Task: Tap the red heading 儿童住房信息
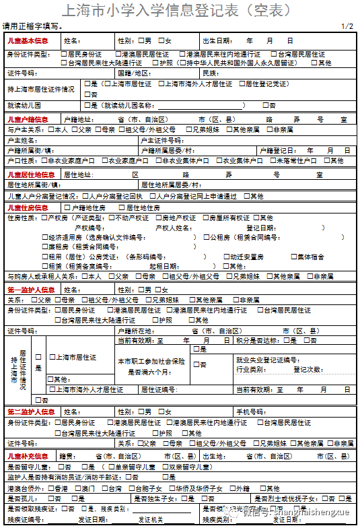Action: (x=28, y=207)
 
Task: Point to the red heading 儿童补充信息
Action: (x=28, y=456)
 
